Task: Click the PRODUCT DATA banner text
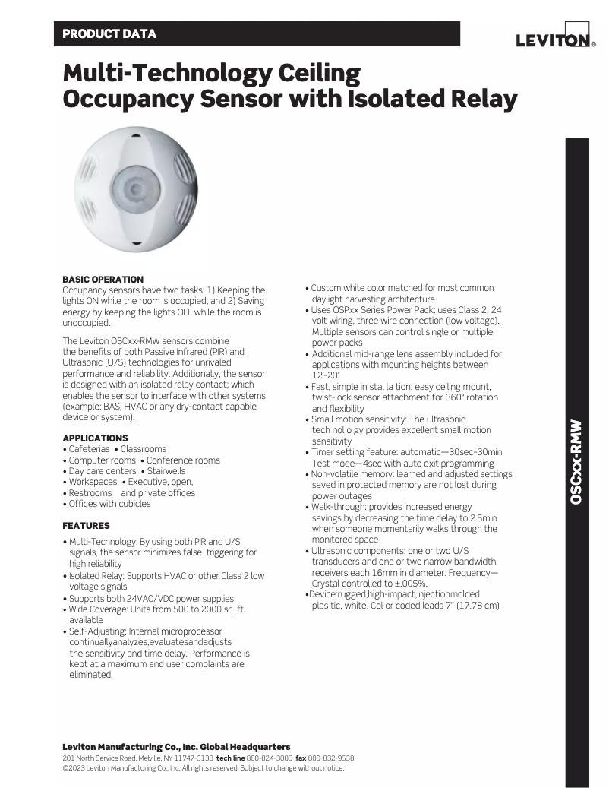point(109,34)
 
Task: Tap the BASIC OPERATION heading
point(103,280)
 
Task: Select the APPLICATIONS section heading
point(95,438)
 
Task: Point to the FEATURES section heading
point(86,526)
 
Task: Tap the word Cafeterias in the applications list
point(89,449)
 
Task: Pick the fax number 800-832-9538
point(331,758)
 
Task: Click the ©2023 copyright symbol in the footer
point(65,767)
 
